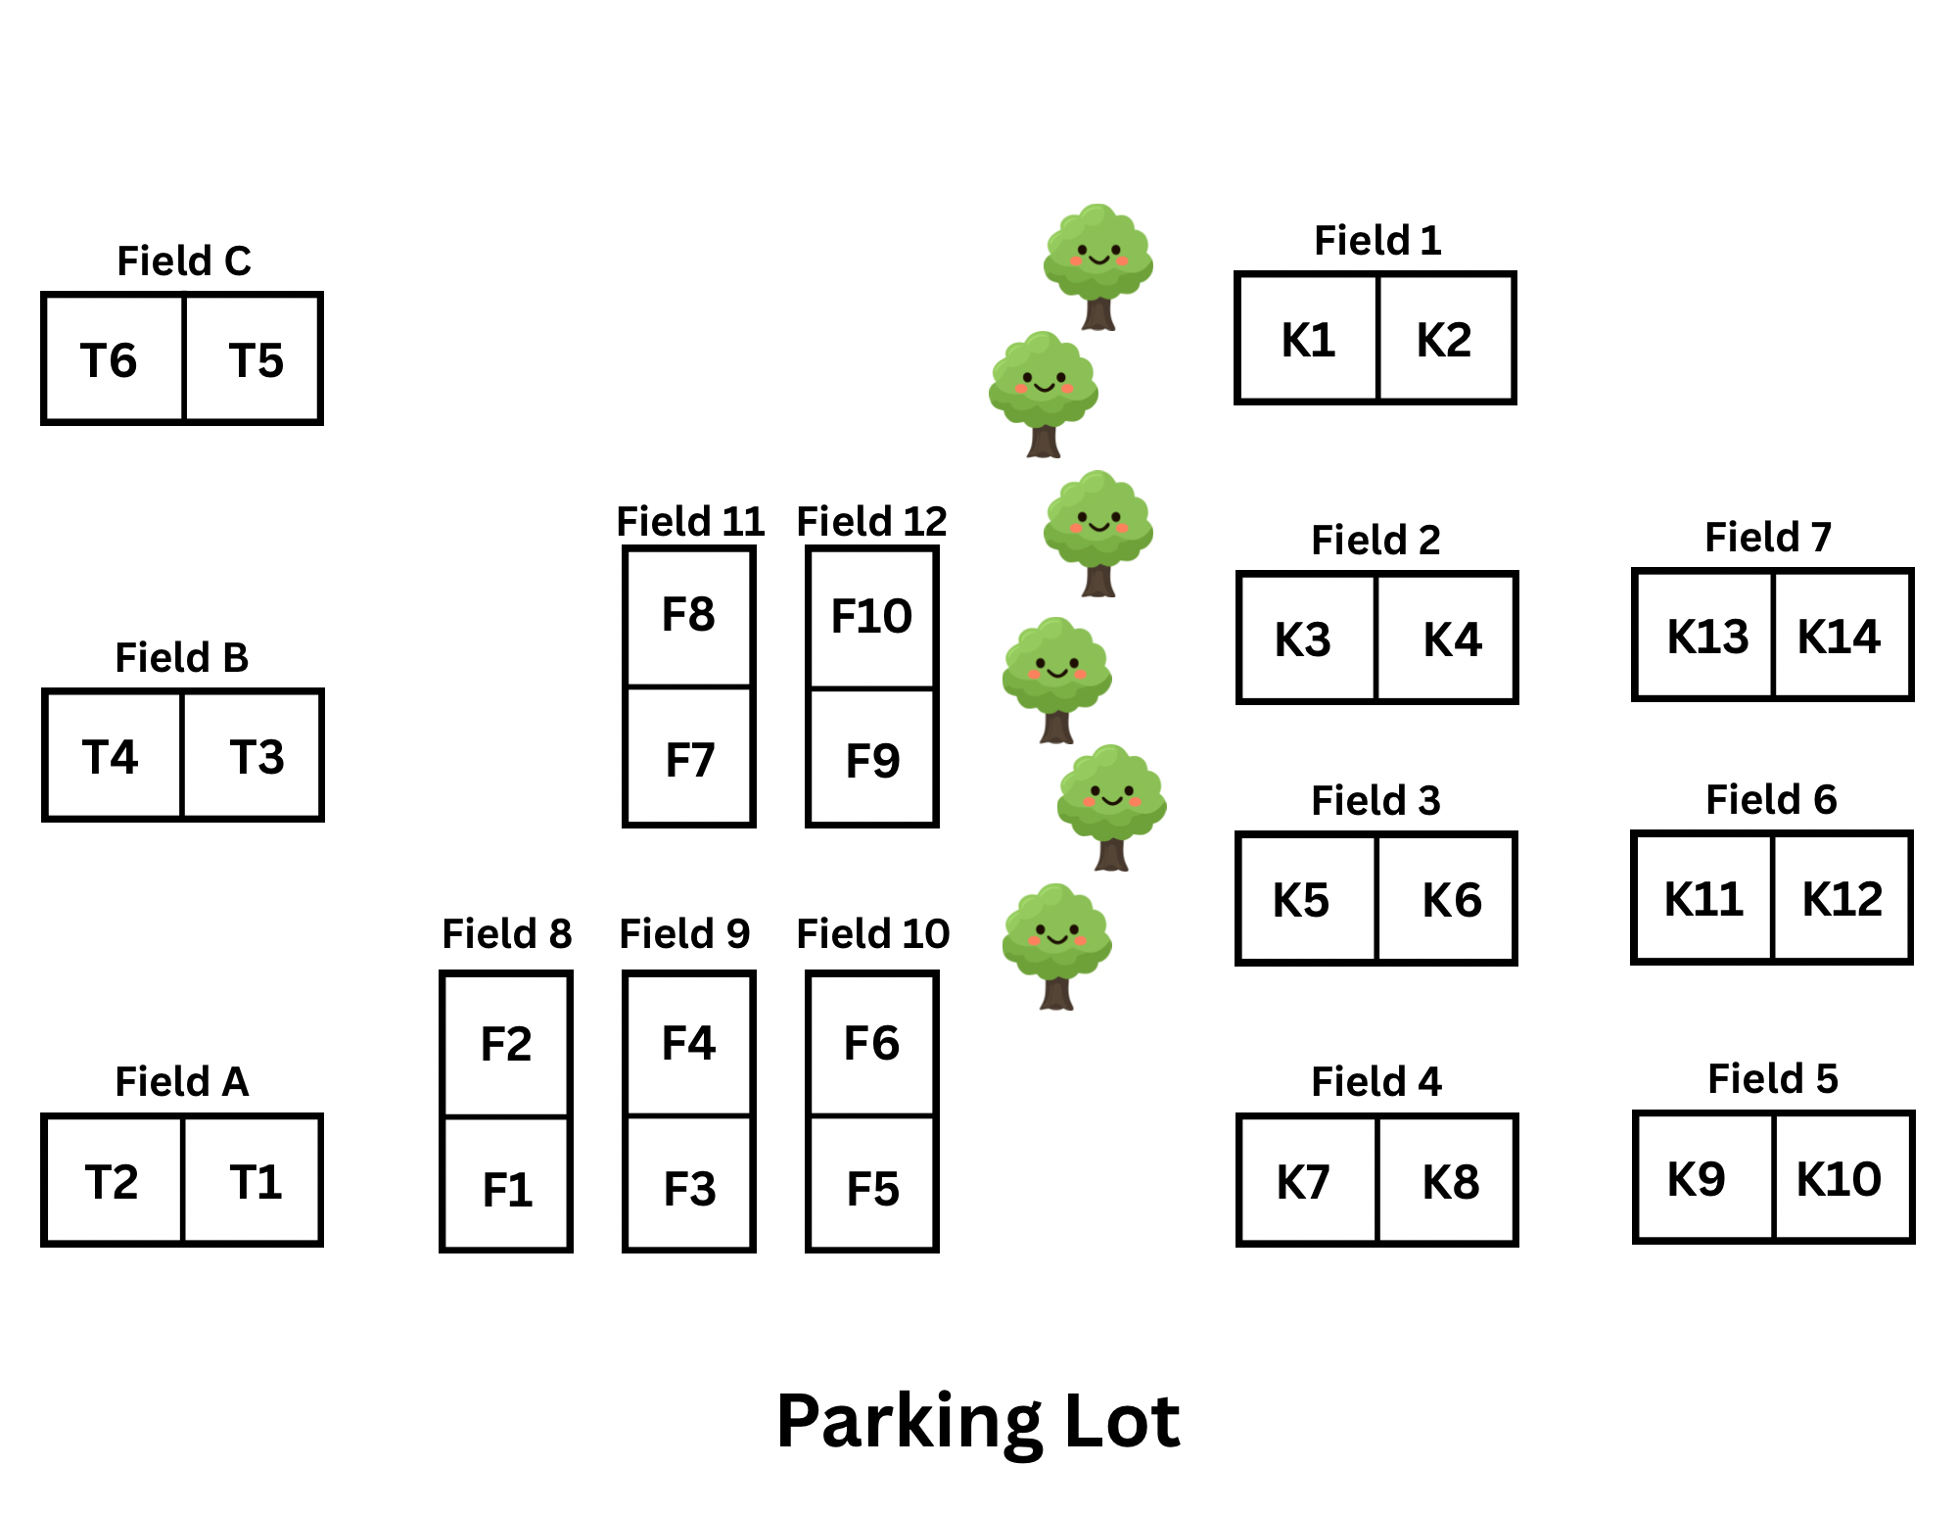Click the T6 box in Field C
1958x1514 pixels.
(114, 358)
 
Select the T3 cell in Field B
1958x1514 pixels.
(253, 755)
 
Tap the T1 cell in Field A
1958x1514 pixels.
(253, 1180)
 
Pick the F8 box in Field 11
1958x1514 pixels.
(689, 617)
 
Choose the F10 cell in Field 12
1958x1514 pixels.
(872, 618)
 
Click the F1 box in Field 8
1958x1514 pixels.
(506, 1184)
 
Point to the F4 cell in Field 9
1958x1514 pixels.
(689, 1044)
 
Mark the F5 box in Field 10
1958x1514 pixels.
(872, 1184)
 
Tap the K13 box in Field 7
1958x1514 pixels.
(1703, 635)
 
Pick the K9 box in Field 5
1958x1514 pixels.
(1704, 1177)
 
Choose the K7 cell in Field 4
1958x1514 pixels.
(1308, 1180)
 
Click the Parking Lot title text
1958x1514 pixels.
(978, 1422)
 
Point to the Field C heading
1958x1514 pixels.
(184, 261)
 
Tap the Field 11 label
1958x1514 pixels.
(690, 521)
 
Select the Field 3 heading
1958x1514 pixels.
(1375, 800)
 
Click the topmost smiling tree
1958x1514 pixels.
(1097, 266)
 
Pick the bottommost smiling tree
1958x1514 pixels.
(1056, 946)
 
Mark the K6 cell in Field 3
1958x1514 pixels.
(1447, 898)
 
